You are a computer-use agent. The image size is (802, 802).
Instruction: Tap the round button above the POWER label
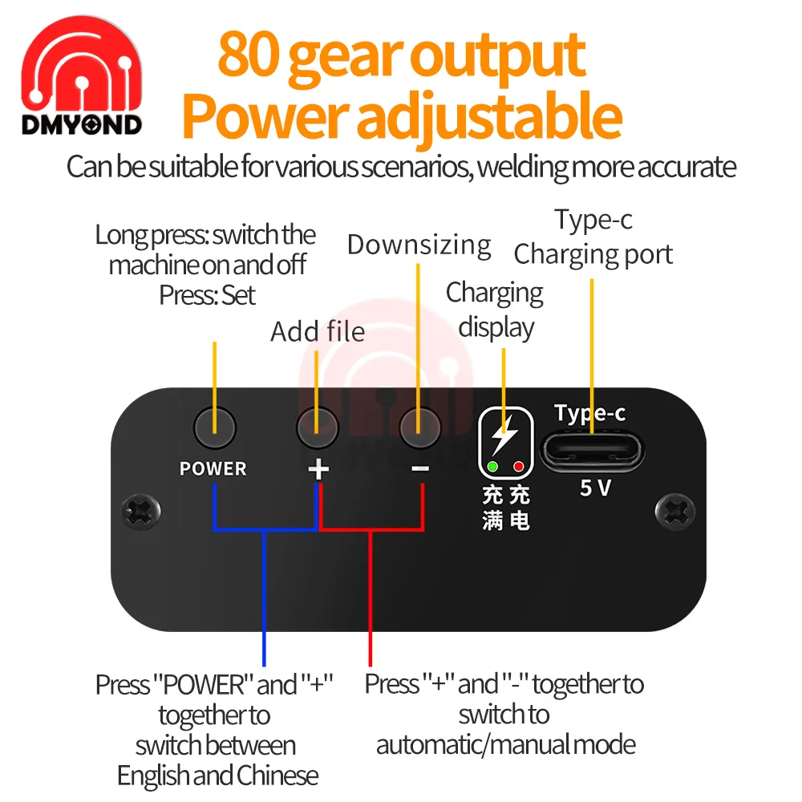pyautogui.click(x=214, y=427)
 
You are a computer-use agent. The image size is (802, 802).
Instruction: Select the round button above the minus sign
pyautogui.click(x=419, y=427)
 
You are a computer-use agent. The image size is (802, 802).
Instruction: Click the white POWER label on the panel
pyautogui.click(x=213, y=468)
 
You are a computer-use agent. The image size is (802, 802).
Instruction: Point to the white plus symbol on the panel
pyautogui.click(x=318, y=468)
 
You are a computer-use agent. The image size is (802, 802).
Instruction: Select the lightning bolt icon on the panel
pyautogui.click(x=504, y=437)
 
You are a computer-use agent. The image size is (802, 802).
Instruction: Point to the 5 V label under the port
pyautogui.click(x=595, y=488)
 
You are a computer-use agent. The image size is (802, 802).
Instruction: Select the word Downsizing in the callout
pyautogui.click(x=419, y=245)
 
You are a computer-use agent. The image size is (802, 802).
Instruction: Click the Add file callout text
pyautogui.click(x=318, y=331)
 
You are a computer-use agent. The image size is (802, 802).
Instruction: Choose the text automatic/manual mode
pyautogui.click(x=506, y=744)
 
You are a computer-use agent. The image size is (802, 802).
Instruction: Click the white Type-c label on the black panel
pyautogui.click(x=590, y=414)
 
